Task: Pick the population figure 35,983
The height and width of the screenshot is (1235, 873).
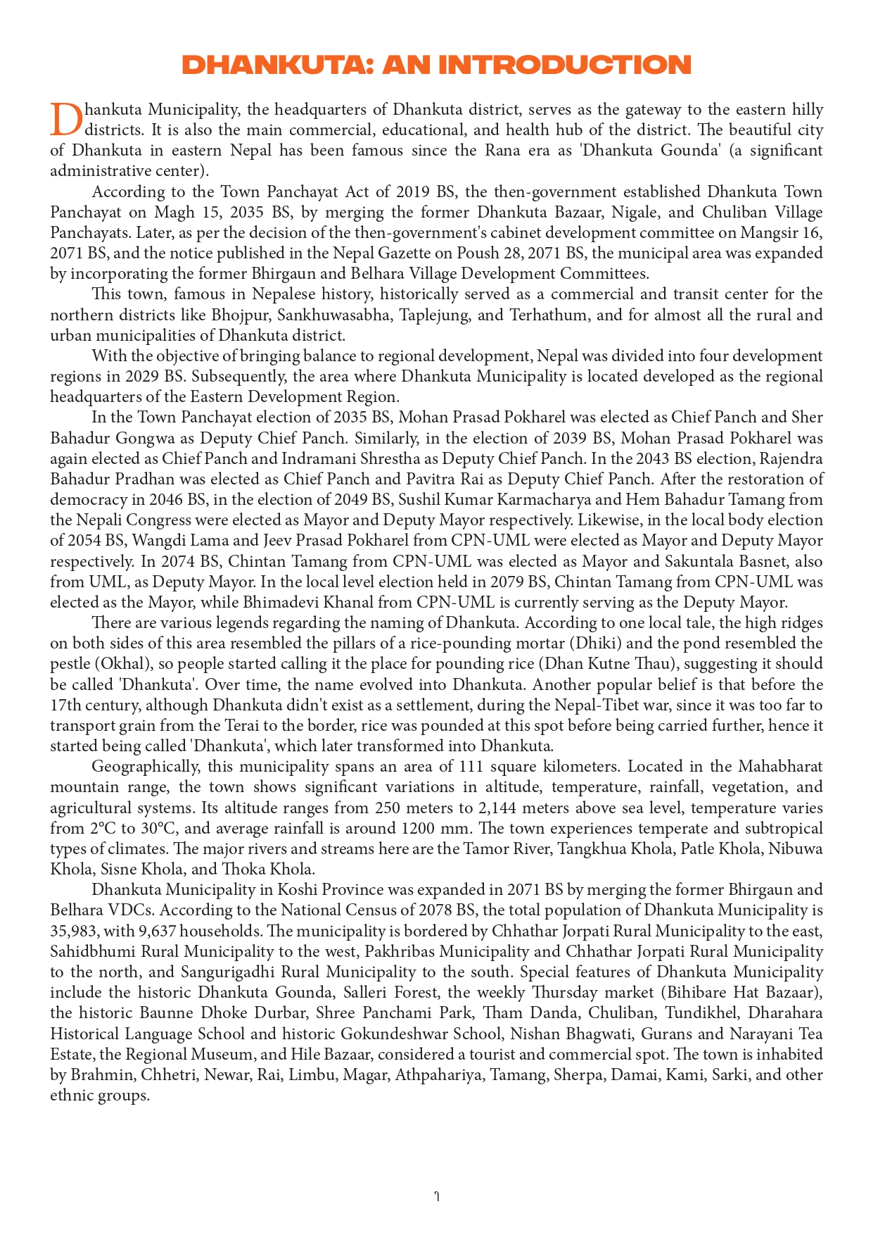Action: click(72, 931)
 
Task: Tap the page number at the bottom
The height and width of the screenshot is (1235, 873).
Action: click(437, 1196)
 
